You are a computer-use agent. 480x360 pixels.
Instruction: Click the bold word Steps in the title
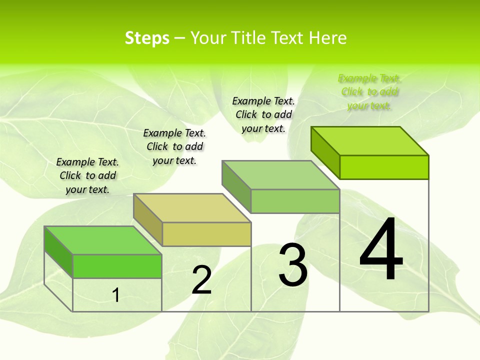click(x=147, y=38)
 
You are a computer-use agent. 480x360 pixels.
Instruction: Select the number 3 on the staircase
click(x=292, y=265)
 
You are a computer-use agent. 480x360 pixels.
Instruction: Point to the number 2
click(x=201, y=280)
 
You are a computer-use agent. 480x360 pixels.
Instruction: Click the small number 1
click(x=115, y=295)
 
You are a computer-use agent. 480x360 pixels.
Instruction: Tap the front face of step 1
click(x=117, y=266)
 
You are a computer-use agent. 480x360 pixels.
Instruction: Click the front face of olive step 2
click(x=206, y=234)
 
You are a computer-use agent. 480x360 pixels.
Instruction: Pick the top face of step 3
click(x=281, y=175)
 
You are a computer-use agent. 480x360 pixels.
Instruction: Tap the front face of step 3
click(x=295, y=201)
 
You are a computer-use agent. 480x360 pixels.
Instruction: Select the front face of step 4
click(x=384, y=167)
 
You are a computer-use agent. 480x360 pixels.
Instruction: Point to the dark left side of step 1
click(x=58, y=251)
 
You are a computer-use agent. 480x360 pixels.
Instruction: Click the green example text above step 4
click(x=369, y=92)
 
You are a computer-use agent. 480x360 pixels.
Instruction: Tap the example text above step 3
click(x=263, y=114)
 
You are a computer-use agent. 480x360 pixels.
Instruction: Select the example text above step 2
click(x=174, y=146)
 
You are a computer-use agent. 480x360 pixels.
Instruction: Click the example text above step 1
click(x=87, y=175)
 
